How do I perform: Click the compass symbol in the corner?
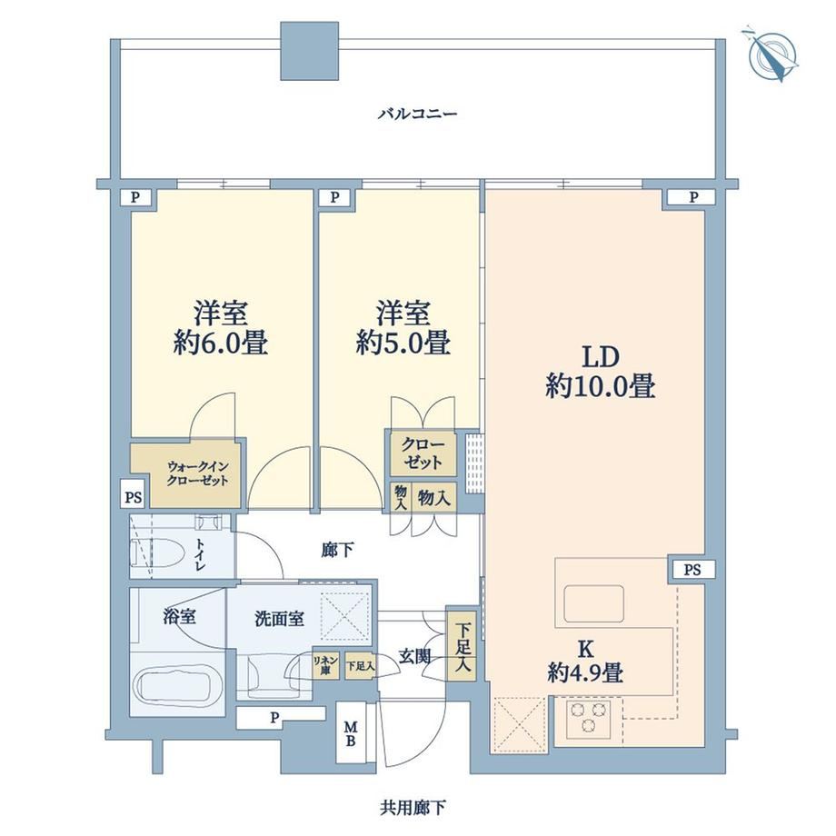point(772,55)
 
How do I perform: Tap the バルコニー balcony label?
point(417,114)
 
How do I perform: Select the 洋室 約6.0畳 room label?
point(220,327)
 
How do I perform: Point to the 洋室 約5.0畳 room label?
point(403,327)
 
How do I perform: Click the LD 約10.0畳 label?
point(600,372)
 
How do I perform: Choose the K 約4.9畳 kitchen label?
point(585,662)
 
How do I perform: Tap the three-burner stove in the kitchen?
point(589,718)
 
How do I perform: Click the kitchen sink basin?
point(593,603)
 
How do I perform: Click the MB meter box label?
point(350,733)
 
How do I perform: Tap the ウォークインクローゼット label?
point(198,473)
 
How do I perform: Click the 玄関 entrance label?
point(414,656)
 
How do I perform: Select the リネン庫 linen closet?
point(325,666)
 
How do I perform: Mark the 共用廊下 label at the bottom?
point(413,808)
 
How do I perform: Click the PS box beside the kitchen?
point(692,570)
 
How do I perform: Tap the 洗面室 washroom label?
point(279,619)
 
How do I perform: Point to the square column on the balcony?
point(310,51)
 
